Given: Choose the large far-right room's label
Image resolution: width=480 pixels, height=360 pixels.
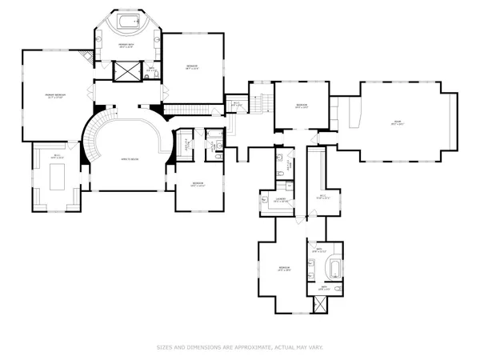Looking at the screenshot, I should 395,122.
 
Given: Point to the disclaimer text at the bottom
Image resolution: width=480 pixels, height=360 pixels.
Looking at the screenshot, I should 240,347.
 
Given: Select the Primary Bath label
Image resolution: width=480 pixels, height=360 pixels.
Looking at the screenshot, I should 126,46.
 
